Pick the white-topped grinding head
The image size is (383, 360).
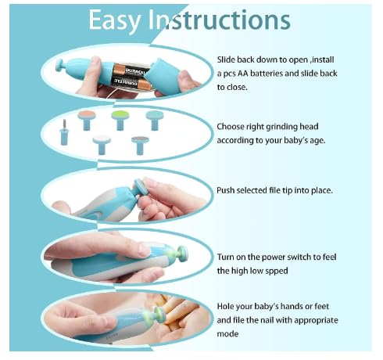click(102, 142)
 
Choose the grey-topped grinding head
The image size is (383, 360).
click(141, 143)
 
